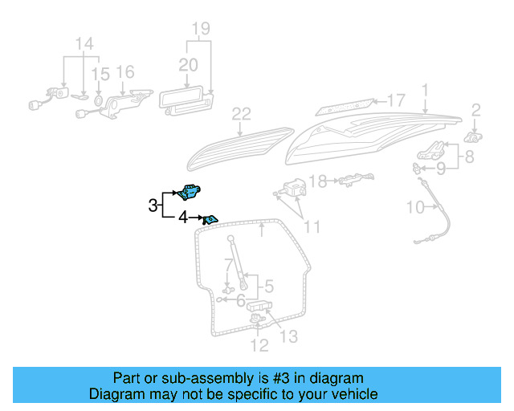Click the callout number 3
153,205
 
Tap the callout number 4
182,217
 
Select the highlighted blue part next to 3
191,191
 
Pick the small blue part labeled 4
210,218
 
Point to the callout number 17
397,100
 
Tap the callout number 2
475,110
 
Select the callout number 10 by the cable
414,208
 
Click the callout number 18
319,182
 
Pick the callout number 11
312,227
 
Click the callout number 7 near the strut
230,263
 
